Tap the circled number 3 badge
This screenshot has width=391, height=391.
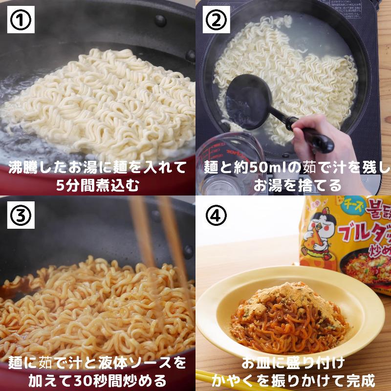[x=21, y=216]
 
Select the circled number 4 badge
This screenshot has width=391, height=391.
[x=217, y=216]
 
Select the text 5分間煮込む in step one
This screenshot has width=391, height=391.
[x=98, y=186]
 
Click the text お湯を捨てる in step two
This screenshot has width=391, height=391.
[x=294, y=186]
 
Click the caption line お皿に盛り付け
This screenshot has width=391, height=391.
[x=294, y=363]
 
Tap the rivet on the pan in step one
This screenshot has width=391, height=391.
[x=159, y=20]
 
